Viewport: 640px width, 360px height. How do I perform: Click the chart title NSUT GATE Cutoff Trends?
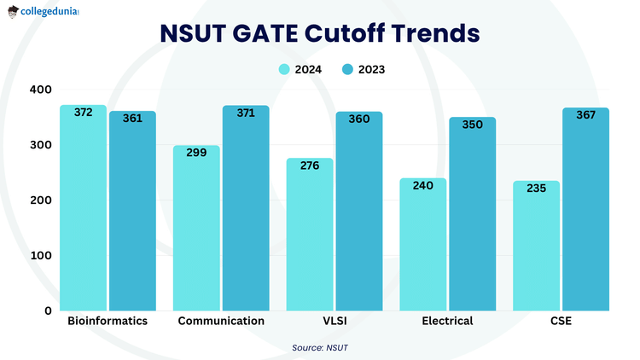[x=320, y=34]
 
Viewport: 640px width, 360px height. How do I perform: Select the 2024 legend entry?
[x=300, y=69]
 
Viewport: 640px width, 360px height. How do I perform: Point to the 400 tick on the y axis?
[x=39, y=90]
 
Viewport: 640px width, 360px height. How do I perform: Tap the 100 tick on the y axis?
[x=39, y=255]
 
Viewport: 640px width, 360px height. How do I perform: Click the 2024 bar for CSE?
[x=536, y=247]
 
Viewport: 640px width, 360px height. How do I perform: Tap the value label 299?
[x=196, y=153]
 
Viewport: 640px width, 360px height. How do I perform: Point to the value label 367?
[x=585, y=115]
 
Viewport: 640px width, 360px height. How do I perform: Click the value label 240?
[x=423, y=185]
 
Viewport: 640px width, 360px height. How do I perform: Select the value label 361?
[x=132, y=119]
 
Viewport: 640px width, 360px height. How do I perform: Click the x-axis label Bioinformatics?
[x=108, y=322]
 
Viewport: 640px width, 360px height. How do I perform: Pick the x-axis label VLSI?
[x=334, y=322]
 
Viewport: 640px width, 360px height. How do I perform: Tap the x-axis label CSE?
[x=561, y=322]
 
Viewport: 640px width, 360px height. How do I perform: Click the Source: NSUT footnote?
[x=320, y=347]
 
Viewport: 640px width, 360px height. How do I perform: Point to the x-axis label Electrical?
[x=447, y=322]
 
